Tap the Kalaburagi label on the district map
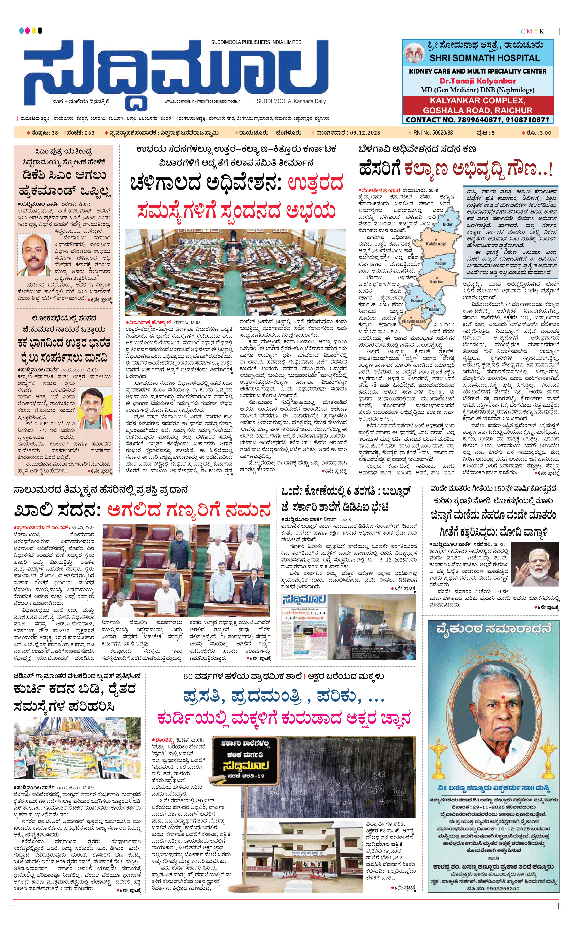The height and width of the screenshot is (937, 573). point(435,243)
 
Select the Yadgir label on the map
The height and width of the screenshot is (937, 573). point(440,263)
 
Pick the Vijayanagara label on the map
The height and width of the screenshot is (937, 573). point(413,321)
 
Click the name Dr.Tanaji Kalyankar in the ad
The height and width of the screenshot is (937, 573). point(478,81)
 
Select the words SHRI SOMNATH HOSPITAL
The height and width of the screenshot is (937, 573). point(485,58)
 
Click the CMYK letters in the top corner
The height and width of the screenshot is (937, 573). point(532,31)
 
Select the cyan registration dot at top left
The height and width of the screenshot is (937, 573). point(21,31)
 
